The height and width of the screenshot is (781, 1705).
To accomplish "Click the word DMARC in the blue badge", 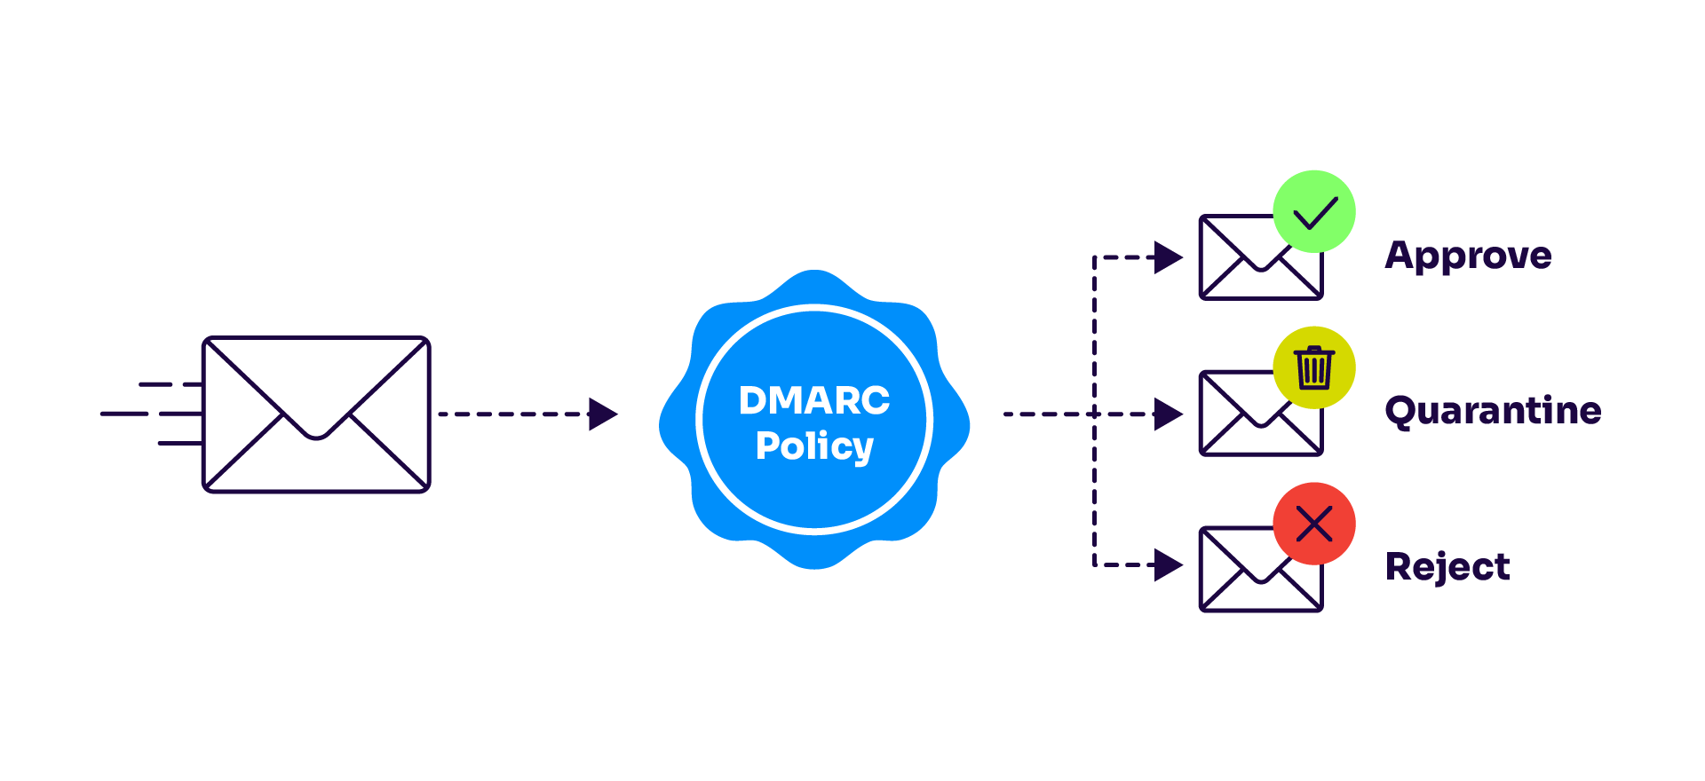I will (x=813, y=400).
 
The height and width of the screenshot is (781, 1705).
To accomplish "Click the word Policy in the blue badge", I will (x=813, y=446).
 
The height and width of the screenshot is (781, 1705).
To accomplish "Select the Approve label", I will (x=1468, y=256).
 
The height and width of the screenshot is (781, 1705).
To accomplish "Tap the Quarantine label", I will (x=1493, y=411).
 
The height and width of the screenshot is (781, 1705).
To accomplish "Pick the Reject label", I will (x=1447, y=567).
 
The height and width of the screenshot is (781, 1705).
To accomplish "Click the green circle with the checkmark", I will (x=1313, y=211).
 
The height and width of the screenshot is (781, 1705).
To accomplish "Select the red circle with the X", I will (x=1313, y=524).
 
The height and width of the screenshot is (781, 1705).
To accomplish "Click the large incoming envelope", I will (x=316, y=414).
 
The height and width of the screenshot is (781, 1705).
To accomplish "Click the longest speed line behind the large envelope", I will (x=124, y=414).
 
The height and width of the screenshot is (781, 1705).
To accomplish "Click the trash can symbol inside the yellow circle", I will (x=1313, y=367).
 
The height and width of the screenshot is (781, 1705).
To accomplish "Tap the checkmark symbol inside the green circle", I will (x=1315, y=213).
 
